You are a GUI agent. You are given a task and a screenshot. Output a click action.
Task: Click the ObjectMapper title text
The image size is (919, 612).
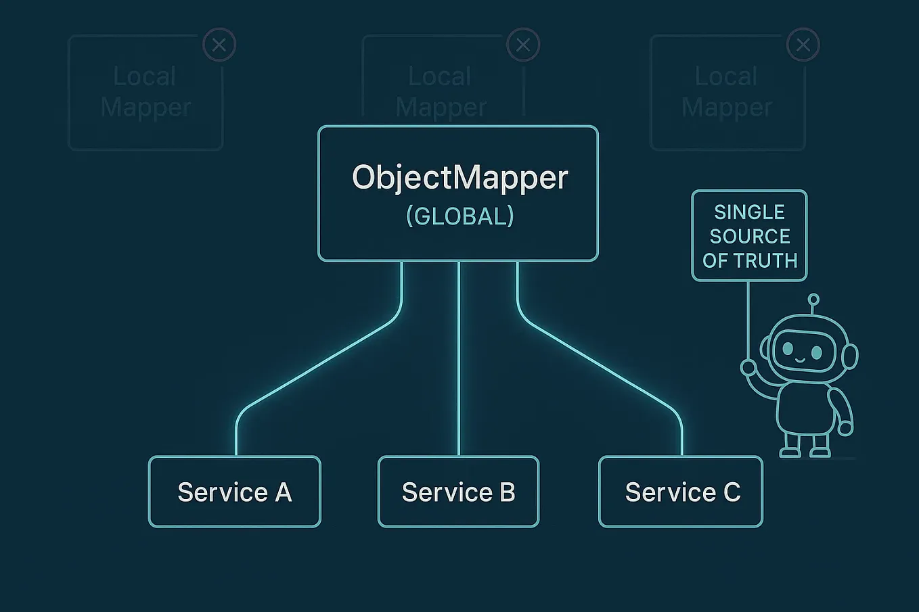click(x=459, y=177)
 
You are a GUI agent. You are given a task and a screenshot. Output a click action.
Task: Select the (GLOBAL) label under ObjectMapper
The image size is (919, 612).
click(x=459, y=216)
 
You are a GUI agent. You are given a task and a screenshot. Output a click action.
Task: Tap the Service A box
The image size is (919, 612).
click(x=234, y=492)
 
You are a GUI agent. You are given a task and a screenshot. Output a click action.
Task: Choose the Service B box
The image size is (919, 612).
click(x=458, y=492)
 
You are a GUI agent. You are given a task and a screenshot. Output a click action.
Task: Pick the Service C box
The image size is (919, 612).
click(x=681, y=492)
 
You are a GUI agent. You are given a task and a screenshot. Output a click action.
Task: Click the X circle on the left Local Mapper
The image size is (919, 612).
click(x=219, y=45)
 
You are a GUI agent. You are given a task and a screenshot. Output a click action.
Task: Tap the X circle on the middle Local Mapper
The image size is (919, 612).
click(x=523, y=45)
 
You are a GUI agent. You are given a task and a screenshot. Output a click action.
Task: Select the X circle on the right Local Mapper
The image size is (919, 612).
click(x=803, y=45)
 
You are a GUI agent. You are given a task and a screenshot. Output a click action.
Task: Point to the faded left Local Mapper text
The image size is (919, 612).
click(x=145, y=92)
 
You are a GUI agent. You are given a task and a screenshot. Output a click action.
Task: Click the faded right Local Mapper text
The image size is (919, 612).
click(x=727, y=92)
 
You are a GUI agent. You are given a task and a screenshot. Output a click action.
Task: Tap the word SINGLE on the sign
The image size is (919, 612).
click(x=749, y=212)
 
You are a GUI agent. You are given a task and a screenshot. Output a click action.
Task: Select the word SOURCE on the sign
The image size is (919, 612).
click(x=749, y=237)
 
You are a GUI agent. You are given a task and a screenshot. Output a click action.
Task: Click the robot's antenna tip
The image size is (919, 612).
click(x=813, y=299)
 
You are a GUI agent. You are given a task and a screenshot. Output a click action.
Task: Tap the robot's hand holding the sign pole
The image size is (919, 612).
click(x=748, y=367)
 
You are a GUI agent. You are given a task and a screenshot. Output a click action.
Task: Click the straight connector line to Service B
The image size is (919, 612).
click(x=459, y=358)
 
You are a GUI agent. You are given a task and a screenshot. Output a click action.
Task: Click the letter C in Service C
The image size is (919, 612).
click(x=732, y=492)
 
